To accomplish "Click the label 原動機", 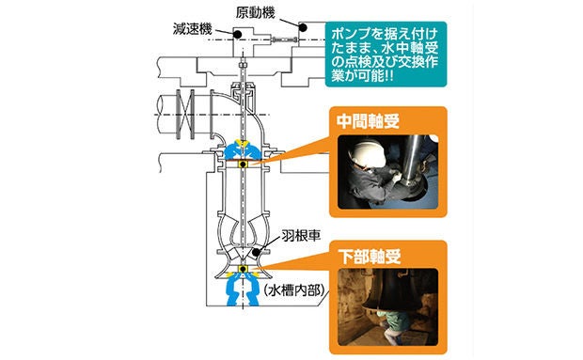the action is click(256, 13).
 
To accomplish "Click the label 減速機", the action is click(192, 29).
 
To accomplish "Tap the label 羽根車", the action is click(301, 236).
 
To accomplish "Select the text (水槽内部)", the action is click(293, 290).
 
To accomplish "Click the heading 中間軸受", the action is click(368, 121).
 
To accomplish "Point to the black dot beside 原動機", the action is click(302, 27).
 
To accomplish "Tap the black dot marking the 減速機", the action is click(237, 35).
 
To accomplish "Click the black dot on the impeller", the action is click(256, 253).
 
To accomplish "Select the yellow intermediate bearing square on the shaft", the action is click(244, 164).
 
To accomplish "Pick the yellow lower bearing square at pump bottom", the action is click(244, 269).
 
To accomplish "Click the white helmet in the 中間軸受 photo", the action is click(368, 153).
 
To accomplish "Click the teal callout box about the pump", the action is click(386, 55).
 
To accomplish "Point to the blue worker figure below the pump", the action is click(244, 290).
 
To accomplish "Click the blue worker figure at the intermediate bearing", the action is click(244, 150).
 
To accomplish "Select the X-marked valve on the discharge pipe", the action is click(185, 114).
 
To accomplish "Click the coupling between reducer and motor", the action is click(284, 39).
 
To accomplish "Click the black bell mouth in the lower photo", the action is click(393, 290).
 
